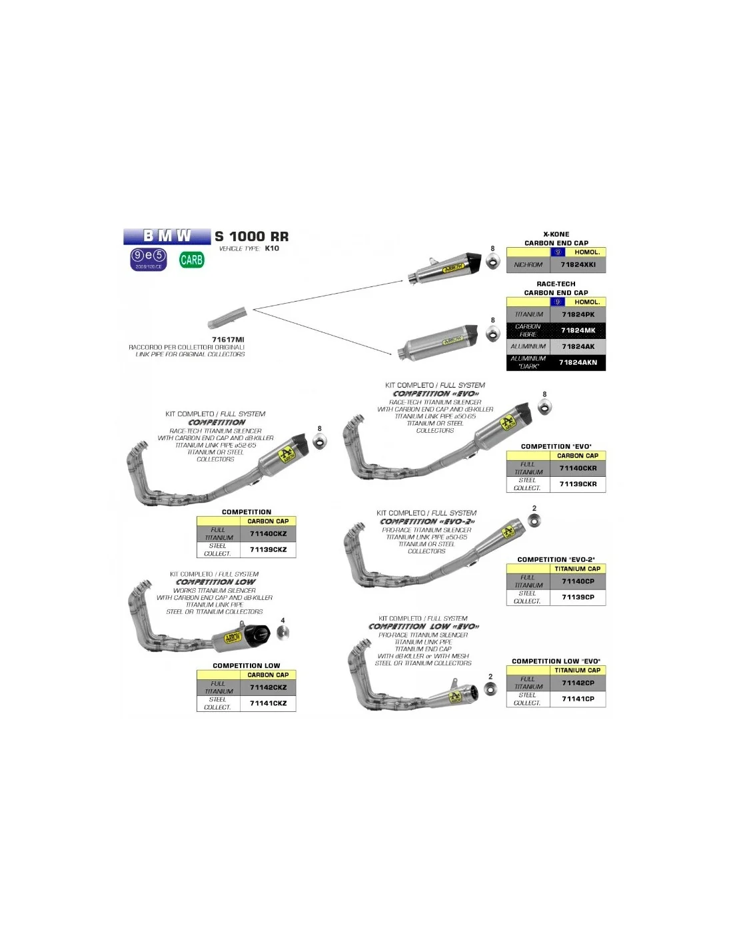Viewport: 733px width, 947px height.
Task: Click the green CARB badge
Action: pyautogui.click(x=191, y=260)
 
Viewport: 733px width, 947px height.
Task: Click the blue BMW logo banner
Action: pyautogui.click(x=167, y=236)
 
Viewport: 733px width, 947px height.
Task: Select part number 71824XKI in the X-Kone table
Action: pyautogui.click(x=578, y=264)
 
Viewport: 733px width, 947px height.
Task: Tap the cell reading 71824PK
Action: pyautogui.click(x=578, y=314)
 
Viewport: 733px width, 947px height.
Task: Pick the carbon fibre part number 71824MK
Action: pyautogui.click(x=578, y=330)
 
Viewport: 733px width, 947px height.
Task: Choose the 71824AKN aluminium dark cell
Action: pyautogui.click(x=578, y=362)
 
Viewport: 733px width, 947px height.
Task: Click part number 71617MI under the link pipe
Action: pyautogui.click(x=228, y=340)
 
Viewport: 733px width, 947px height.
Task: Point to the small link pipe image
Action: pyautogui.click(x=227, y=318)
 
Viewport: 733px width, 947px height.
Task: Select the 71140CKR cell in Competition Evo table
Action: pyautogui.click(x=578, y=468)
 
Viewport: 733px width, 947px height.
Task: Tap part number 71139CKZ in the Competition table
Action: pyautogui.click(x=268, y=549)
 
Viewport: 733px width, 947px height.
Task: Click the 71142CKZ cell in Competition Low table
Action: pyautogui.click(x=268, y=687)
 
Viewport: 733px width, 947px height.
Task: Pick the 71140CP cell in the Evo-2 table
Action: pyautogui.click(x=578, y=581)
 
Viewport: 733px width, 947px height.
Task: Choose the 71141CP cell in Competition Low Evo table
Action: pyautogui.click(x=578, y=699)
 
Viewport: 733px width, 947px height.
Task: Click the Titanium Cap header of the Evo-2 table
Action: pyautogui.click(x=577, y=569)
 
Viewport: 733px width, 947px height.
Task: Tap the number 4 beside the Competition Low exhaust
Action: pyautogui.click(x=283, y=621)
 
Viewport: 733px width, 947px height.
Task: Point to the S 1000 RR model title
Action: pyautogui.click(x=252, y=236)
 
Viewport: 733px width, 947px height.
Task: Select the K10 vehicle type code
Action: pyautogui.click(x=272, y=248)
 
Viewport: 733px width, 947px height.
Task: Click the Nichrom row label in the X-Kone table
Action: pyautogui.click(x=528, y=264)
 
